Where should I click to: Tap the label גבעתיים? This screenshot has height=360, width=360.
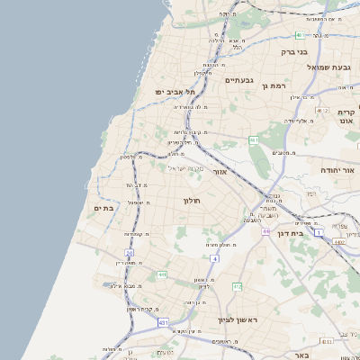239,81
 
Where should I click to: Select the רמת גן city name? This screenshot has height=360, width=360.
274,85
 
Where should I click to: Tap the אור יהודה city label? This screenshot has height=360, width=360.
338,169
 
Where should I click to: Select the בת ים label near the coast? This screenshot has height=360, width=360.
104,208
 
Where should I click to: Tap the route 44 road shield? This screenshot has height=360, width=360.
265,231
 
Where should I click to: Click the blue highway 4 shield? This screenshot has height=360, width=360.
216,258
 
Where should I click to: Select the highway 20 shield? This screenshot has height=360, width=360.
130,254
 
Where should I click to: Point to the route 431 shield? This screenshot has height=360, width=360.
163,321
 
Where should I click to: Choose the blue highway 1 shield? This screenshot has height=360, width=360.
319,231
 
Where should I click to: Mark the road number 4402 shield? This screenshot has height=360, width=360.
339,241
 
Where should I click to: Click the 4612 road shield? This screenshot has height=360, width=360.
322,110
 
